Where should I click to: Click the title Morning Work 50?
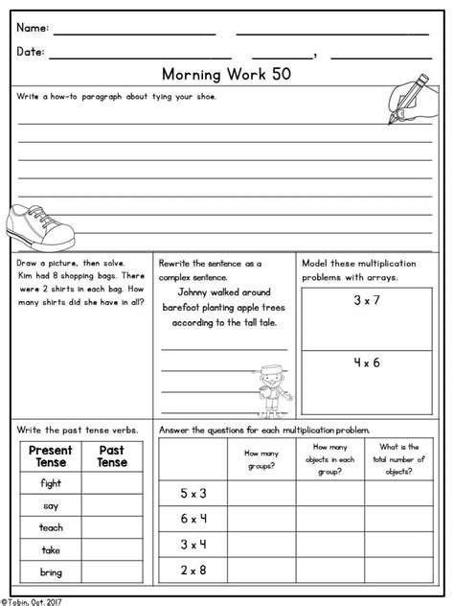(227, 75)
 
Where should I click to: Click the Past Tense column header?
(113, 456)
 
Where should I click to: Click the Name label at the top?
(33, 29)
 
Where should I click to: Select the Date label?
(31, 53)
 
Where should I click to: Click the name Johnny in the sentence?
(199, 292)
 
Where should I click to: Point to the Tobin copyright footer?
(34, 598)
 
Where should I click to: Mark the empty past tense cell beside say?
(113, 506)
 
